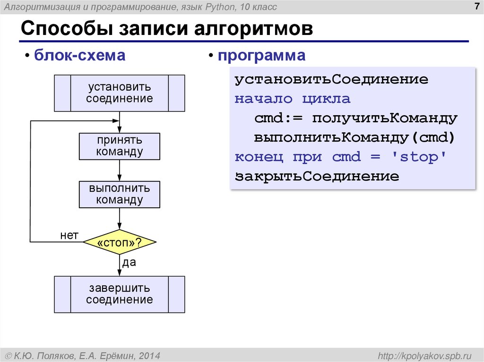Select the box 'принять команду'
point(120,146)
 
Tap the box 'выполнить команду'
point(120,194)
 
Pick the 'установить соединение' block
point(120,93)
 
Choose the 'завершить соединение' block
point(120,295)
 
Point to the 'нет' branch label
point(69,235)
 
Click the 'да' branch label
point(129,263)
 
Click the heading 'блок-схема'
point(79,56)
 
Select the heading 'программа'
point(261,56)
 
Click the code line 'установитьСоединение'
point(331,80)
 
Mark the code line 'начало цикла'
point(293,99)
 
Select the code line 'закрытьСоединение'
point(317,177)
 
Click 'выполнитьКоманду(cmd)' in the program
point(354,138)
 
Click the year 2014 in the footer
point(150,355)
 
